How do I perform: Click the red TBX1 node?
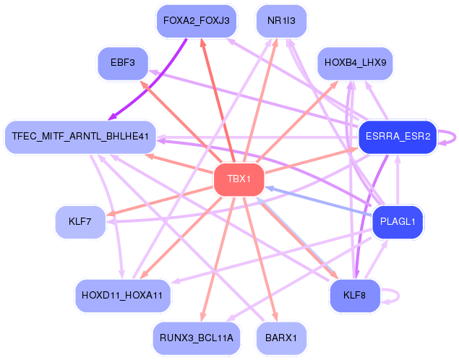239,179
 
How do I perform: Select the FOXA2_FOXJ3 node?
196,21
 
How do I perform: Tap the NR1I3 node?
282,21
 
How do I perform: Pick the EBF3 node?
123,63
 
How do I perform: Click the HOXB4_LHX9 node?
355,63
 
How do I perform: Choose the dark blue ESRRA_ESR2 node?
398,136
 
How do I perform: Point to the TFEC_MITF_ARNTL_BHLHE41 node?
80,136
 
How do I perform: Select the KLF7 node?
80,222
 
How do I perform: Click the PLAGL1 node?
397,222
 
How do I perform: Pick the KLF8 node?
354,295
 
